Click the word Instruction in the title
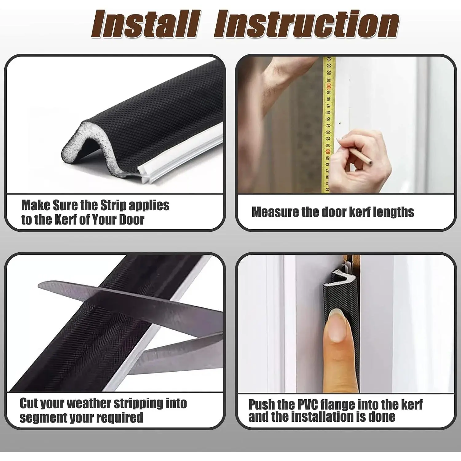306,24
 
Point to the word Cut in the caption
29,403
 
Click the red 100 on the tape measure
329,86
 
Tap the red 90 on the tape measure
328,152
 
